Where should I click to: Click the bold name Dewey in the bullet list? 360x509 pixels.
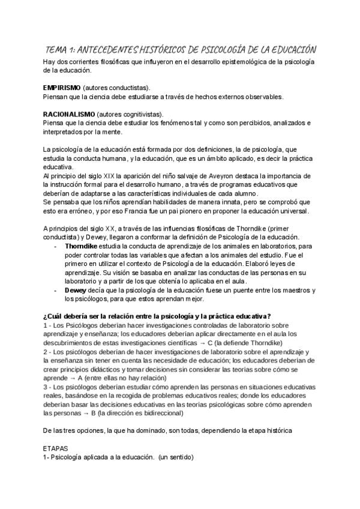coord(76,290)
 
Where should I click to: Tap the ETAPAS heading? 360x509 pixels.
coord(55,448)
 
